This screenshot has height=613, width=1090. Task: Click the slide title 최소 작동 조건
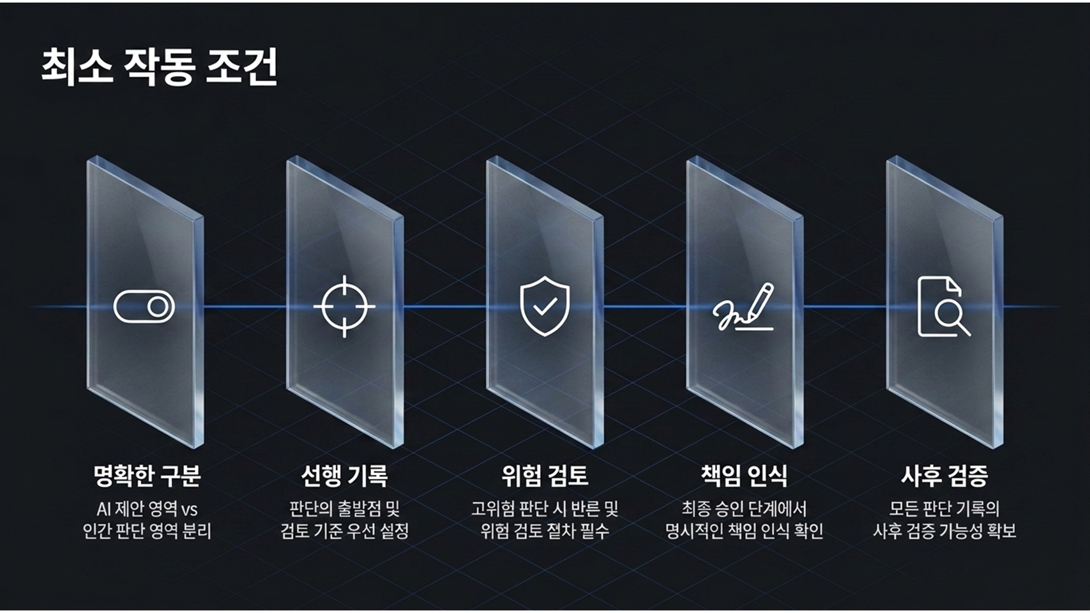click(159, 66)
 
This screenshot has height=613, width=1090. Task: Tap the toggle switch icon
click(144, 306)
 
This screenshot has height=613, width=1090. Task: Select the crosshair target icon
click(345, 306)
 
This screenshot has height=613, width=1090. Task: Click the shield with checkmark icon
click(545, 306)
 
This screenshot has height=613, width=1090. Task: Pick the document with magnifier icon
click(944, 306)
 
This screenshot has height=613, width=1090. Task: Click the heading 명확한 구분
click(147, 475)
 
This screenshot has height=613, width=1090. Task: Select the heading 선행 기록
click(345, 475)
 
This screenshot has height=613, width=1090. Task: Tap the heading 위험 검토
click(545, 475)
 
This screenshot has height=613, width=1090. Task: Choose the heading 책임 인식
click(744, 475)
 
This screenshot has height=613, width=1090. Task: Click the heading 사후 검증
click(944, 475)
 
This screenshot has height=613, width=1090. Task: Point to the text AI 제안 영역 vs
click(147, 509)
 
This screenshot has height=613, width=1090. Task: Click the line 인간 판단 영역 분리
click(147, 531)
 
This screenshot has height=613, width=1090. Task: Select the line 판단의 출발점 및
click(345, 509)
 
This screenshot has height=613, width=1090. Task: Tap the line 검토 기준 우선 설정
click(345, 531)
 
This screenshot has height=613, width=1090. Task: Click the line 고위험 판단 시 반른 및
click(545, 509)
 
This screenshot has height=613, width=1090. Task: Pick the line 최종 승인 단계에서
click(744, 509)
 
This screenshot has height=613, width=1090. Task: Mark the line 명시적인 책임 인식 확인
click(744, 531)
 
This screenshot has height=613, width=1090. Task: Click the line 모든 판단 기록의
click(944, 509)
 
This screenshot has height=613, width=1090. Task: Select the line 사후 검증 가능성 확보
click(944, 531)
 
